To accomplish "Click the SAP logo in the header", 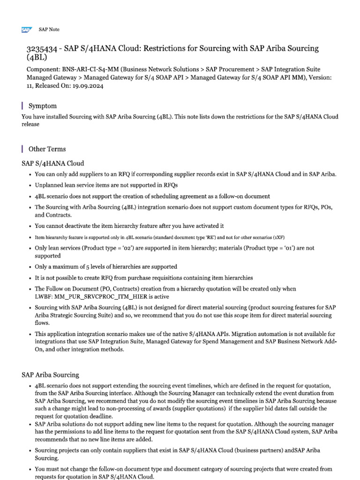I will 26,30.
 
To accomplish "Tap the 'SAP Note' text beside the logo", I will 49,30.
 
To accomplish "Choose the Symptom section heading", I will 43,106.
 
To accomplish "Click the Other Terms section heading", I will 47,149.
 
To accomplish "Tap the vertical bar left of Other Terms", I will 22,149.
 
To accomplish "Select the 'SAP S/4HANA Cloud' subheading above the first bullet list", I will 53,163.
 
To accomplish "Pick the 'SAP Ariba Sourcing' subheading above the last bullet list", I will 51,375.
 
